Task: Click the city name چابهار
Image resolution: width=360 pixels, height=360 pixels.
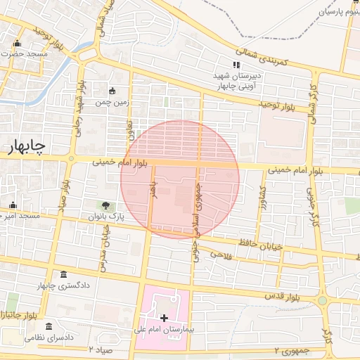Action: [x=26, y=146]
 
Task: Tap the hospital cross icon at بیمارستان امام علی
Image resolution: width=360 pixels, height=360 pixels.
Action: [x=164, y=319]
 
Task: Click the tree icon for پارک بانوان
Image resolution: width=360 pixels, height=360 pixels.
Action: [x=105, y=206]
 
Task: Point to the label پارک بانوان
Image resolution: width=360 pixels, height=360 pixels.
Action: [x=105, y=217]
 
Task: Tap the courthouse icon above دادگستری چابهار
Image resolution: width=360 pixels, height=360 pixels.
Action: [x=64, y=275]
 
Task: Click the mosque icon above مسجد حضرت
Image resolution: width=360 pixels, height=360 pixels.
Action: [x=17, y=44]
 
